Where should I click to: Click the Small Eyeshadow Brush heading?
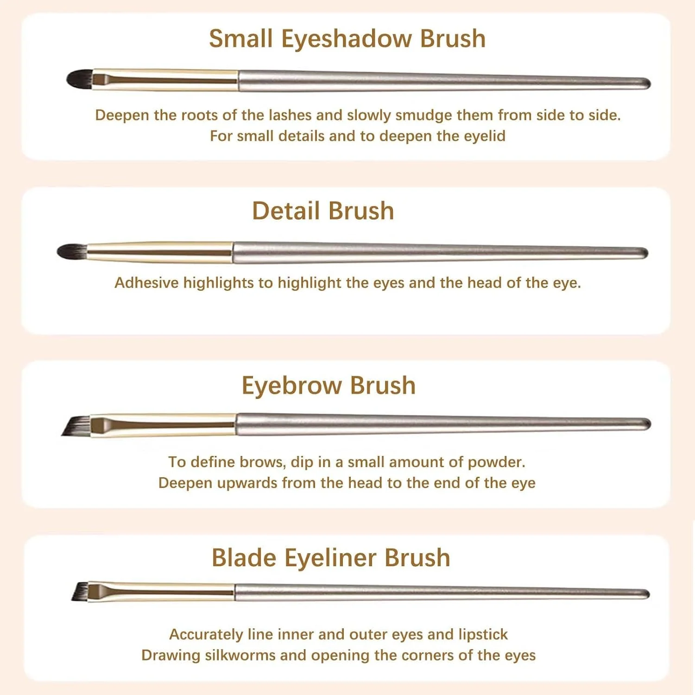tap(347, 39)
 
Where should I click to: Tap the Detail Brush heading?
tap(323, 211)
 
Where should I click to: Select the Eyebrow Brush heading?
tap(329, 385)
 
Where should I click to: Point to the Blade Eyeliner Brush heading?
tap(331, 558)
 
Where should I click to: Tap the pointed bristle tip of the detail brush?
tap(72, 252)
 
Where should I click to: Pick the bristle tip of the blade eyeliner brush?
tap(81, 592)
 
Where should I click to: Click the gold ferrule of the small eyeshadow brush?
tap(165, 80)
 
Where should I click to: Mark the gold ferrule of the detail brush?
tap(160, 252)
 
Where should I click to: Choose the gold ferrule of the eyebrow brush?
tap(163, 425)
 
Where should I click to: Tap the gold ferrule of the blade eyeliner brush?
tap(161, 592)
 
